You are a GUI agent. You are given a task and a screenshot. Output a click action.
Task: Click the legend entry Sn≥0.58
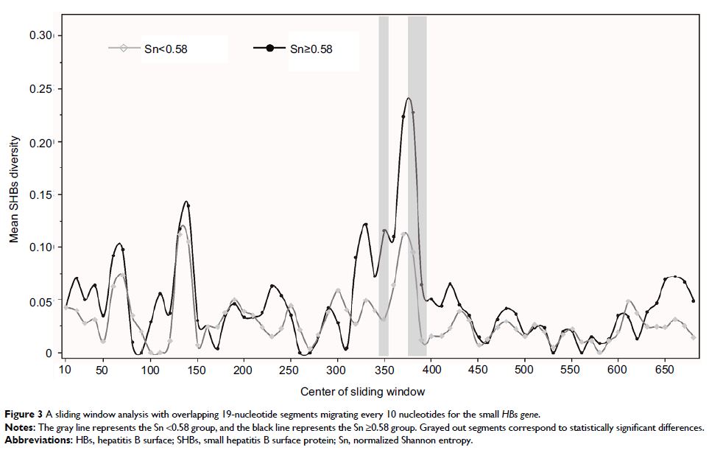click(311, 49)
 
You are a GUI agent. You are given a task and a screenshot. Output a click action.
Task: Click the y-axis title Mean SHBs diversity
click(14, 193)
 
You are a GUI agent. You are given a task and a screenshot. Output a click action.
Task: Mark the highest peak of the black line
click(408, 98)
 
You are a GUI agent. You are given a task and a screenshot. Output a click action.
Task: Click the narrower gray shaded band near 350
click(384, 184)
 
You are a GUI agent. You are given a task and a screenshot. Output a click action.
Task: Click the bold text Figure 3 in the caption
click(24, 414)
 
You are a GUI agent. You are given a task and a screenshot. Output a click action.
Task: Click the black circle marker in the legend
click(270, 49)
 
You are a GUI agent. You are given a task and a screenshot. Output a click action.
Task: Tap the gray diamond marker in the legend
click(123, 49)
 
